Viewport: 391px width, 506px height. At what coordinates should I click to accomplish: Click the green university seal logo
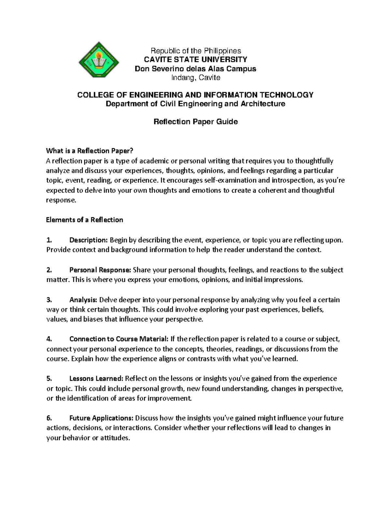tap(99, 62)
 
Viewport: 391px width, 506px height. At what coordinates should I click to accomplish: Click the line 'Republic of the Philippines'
tap(195, 51)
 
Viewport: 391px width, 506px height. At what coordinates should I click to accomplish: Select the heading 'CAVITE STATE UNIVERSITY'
tap(195, 60)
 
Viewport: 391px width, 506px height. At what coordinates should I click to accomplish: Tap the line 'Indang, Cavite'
tap(195, 78)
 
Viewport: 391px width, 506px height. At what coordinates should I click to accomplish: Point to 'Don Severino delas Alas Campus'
tap(195, 69)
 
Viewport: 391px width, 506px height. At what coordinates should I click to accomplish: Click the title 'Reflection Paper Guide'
tap(195, 122)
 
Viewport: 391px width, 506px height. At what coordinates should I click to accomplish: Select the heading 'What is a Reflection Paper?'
tap(90, 151)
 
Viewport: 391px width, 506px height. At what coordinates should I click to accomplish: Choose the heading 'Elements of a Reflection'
tap(85, 220)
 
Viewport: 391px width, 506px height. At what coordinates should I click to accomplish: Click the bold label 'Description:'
tap(88, 240)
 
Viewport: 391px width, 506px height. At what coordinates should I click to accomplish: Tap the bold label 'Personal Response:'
tap(100, 270)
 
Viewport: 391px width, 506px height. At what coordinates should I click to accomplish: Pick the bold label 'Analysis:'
tap(83, 300)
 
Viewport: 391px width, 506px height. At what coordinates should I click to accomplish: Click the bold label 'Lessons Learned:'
tap(96, 379)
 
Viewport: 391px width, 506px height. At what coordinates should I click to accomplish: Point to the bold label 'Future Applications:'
tap(101, 418)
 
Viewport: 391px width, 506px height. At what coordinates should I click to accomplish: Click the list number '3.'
tap(49, 300)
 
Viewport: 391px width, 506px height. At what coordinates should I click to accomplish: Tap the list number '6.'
tap(49, 418)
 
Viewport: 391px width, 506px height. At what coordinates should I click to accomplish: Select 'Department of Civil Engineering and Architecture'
tap(195, 104)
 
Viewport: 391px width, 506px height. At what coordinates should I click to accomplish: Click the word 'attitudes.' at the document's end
tap(115, 438)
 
